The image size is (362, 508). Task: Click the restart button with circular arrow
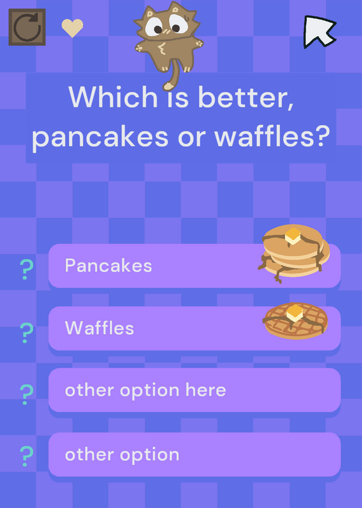(27, 27)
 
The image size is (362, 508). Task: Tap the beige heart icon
(72, 28)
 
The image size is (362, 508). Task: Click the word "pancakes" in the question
(100, 137)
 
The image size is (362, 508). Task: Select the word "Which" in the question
(113, 97)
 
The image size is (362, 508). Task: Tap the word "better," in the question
(246, 98)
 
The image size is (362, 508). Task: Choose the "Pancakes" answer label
(108, 265)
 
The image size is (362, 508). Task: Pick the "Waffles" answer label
(100, 328)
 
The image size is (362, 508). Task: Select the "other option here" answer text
(145, 390)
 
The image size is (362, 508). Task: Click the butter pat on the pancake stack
(293, 236)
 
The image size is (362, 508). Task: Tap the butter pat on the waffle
(294, 312)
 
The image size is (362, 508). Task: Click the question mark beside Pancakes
(27, 269)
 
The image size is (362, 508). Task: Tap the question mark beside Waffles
(27, 333)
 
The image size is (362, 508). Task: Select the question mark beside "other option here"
(27, 394)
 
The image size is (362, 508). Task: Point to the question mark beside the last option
(27, 456)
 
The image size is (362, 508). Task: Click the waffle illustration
(295, 321)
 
